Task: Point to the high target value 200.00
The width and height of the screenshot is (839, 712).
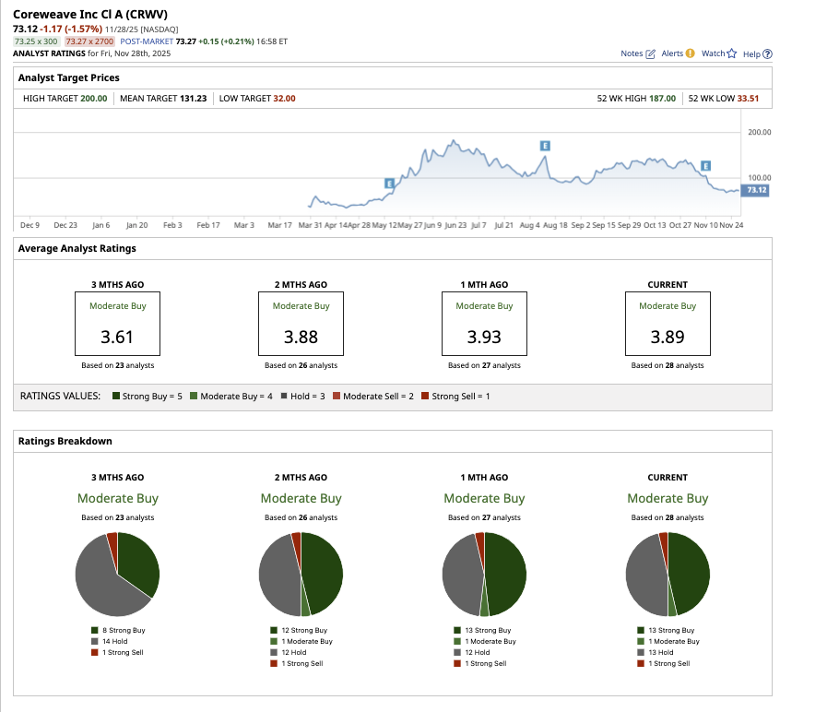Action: click(x=94, y=99)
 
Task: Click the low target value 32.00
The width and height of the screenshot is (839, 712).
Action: click(x=284, y=99)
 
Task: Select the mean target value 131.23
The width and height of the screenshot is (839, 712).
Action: click(x=193, y=99)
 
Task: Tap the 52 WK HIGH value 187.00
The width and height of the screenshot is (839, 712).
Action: click(x=663, y=99)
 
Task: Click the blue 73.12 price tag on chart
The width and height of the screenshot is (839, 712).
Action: click(x=757, y=190)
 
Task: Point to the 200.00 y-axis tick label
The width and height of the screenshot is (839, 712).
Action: click(x=760, y=133)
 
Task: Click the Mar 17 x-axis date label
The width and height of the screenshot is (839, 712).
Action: click(x=280, y=224)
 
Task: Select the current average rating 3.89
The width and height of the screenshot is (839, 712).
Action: click(x=668, y=337)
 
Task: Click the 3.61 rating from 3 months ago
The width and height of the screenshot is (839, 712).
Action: click(x=117, y=337)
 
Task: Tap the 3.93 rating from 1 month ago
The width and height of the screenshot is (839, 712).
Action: click(x=484, y=337)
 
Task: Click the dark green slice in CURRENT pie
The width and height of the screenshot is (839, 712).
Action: click(x=690, y=572)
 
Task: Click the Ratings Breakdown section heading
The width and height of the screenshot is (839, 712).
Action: click(x=65, y=441)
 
